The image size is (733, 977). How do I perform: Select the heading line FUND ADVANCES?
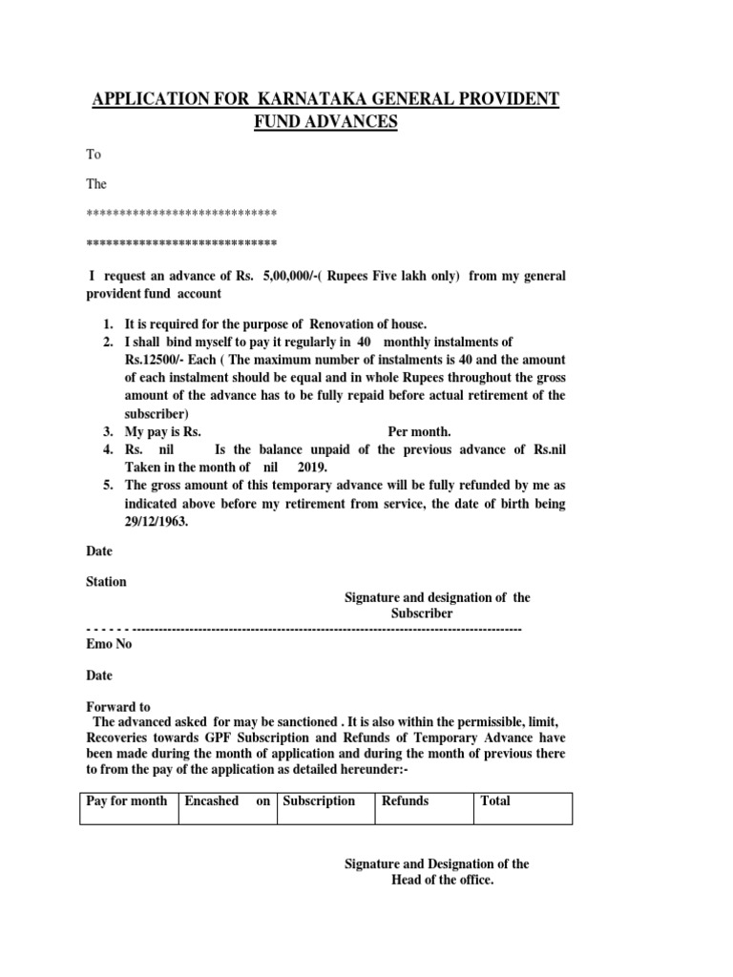coord(324,122)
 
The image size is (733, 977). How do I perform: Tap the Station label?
coord(106,581)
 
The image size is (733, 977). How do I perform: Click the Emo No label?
coord(109,644)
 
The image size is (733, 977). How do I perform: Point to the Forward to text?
coord(118,707)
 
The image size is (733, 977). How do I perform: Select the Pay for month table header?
coord(126,800)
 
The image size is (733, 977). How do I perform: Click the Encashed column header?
coord(211,800)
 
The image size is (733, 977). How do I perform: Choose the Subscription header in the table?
coord(320,800)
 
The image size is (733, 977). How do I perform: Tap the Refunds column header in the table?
coord(405,800)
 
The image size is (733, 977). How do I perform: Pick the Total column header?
coord(495,800)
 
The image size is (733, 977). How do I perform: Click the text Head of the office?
coord(442,880)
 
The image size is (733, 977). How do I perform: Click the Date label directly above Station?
coord(99,551)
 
